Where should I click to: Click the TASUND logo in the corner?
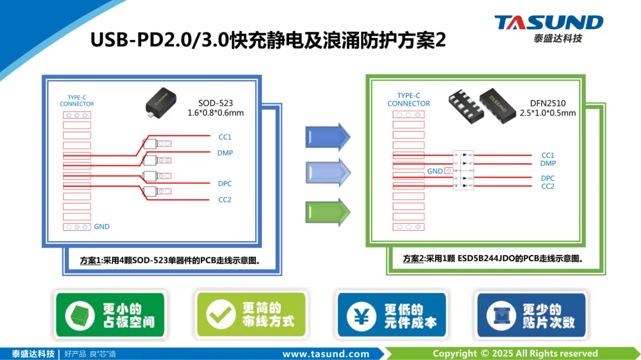(x=548, y=28)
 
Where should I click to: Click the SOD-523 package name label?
(x=215, y=103)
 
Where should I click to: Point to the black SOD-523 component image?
(x=161, y=103)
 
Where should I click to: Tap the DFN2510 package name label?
(x=548, y=103)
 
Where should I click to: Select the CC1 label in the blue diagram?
(x=225, y=137)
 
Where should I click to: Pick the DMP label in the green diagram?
(x=548, y=164)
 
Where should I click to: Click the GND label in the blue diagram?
(x=102, y=227)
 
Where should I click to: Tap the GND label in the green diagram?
(x=434, y=171)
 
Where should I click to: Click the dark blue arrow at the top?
(x=328, y=137)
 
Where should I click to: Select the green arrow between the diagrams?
(x=328, y=212)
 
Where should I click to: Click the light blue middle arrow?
(x=328, y=173)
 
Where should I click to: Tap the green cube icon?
(x=80, y=316)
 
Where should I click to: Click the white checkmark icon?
(x=221, y=315)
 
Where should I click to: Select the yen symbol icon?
(x=361, y=316)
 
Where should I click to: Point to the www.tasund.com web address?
(x=326, y=354)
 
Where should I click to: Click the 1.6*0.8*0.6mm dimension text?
(x=215, y=113)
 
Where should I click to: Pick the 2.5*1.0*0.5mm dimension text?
(x=548, y=113)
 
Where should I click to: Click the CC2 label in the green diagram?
(x=548, y=186)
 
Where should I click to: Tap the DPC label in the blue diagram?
(x=225, y=184)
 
